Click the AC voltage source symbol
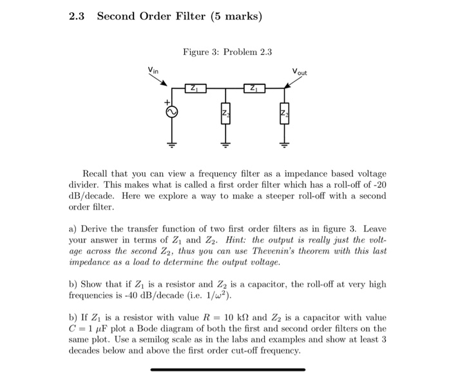(x=172, y=112)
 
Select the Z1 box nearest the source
(x=195, y=88)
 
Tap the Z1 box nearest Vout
(x=254, y=88)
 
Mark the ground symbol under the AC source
(x=172, y=144)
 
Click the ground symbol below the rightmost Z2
(x=284, y=144)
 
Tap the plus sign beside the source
(x=166, y=103)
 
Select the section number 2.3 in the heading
(x=77, y=16)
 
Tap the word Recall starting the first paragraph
(x=97, y=174)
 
